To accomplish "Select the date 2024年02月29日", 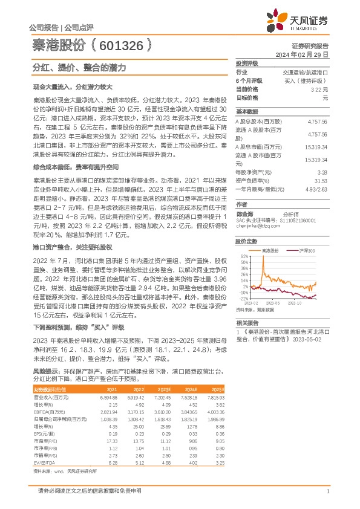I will pyautogui.click(x=303, y=54).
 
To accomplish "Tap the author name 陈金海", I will pyautogui.click(x=244, y=212).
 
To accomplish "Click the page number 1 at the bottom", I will pyautogui.click(x=327, y=491).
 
